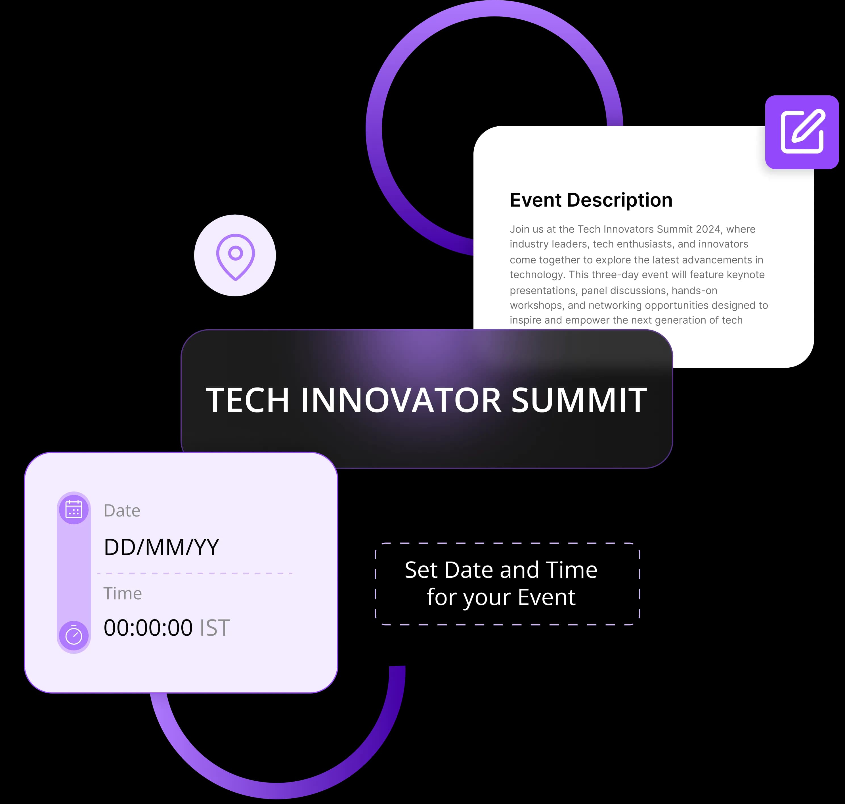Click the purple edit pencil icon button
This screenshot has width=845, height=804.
point(802,132)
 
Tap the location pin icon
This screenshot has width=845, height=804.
point(235,257)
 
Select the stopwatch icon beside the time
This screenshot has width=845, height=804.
point(74,635)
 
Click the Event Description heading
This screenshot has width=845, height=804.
point(591,200)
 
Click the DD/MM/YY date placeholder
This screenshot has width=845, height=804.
point(161,547)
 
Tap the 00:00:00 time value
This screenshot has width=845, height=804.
point(148,628)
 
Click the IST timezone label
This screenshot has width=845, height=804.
point(215,628)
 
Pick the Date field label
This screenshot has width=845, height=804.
point(122,510)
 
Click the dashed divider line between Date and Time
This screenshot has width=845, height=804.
point(195,573)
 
